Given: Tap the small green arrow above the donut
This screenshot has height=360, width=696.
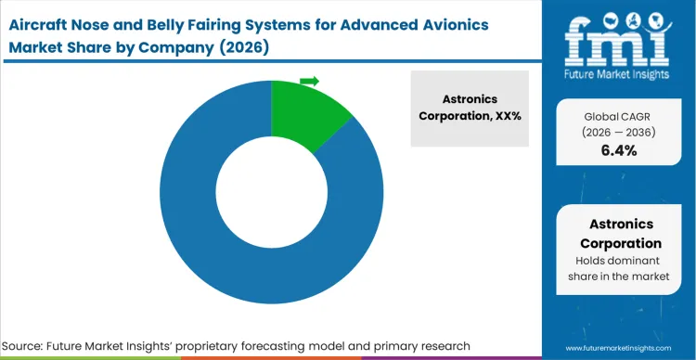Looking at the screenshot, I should (x=310, y=82).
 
